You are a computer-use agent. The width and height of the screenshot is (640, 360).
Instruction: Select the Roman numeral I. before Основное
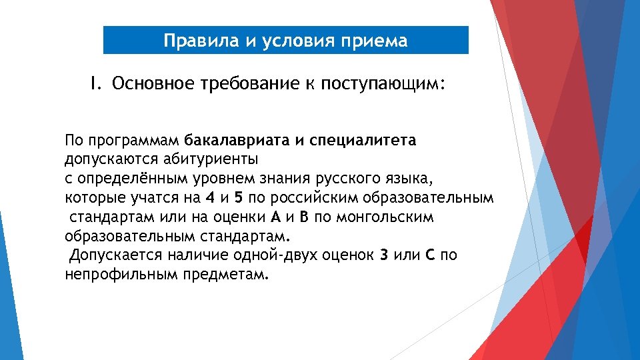click(x=96, y=83)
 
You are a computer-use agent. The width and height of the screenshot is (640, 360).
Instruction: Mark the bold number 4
click(x=211, y=198)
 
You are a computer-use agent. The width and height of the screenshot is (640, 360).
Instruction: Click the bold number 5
click(x=238, y=198)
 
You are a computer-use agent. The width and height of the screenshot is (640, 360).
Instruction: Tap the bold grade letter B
click(x=304, y=217)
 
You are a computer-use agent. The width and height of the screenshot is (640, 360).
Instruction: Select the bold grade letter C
click(x=430, y=256)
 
